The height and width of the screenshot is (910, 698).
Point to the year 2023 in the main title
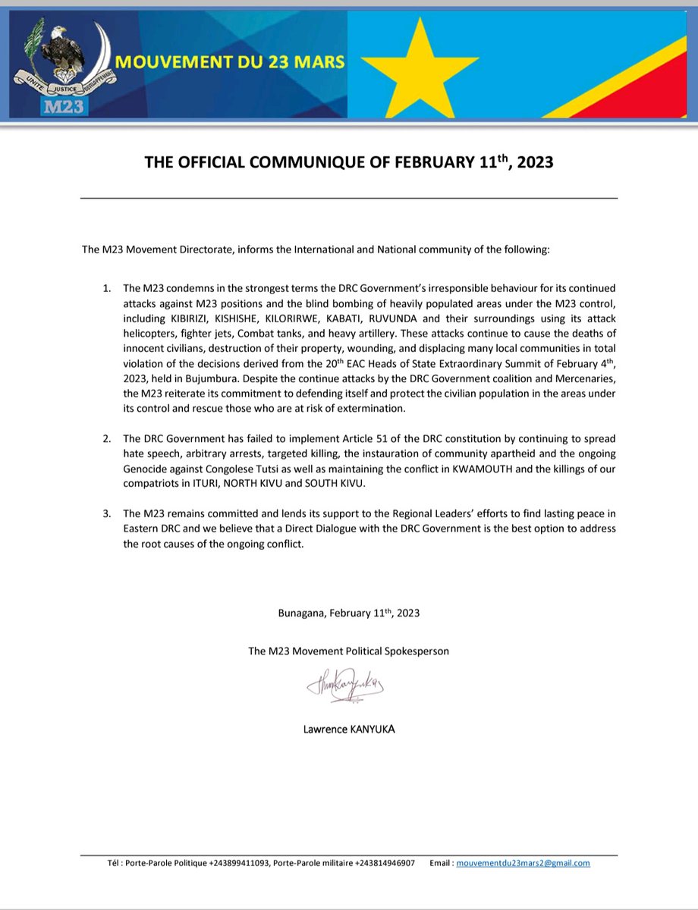527,163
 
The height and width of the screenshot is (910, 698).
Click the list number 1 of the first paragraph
106,290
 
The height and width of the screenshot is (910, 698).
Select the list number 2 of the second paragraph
106,440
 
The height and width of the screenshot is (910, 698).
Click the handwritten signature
345,686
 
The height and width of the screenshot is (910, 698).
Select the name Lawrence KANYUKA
348,730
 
